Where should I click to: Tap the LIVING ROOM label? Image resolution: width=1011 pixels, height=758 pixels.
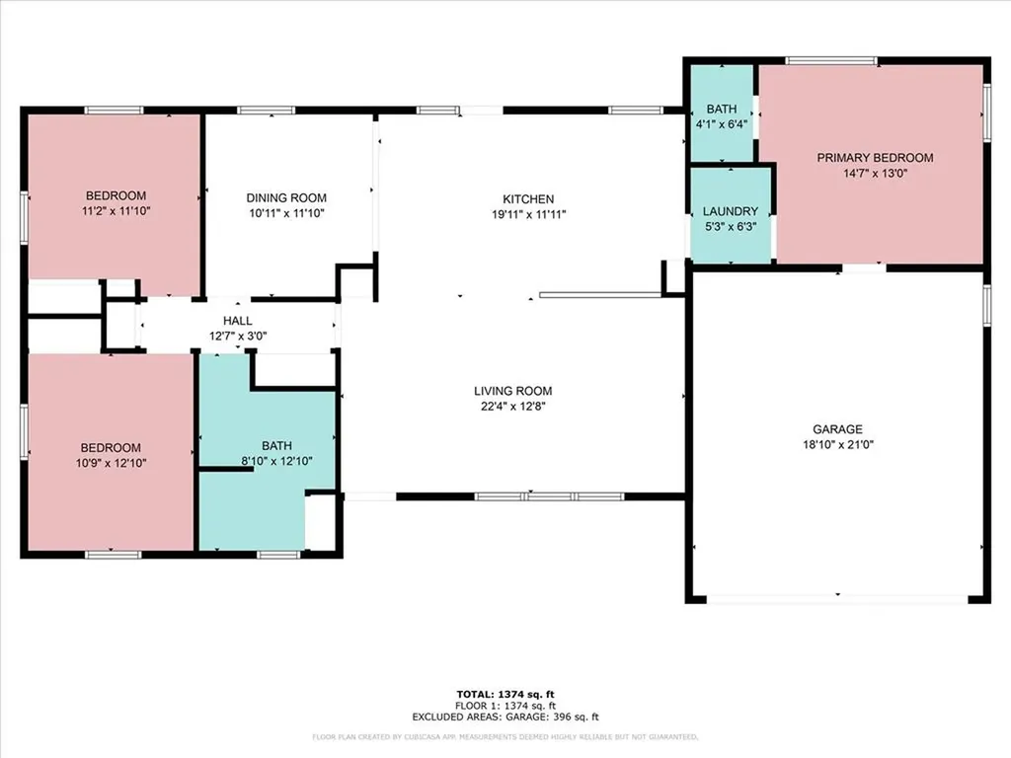tap(512, 391)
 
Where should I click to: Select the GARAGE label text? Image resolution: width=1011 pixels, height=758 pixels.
tap(837, 429)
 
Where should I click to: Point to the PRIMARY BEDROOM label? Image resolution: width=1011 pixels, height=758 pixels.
tap(874, 158)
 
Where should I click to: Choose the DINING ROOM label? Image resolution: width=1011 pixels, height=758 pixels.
tap(286, 198)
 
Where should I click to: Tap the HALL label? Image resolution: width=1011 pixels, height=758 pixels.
tap(237, 321)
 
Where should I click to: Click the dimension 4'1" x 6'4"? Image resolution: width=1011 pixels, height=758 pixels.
tap(720, 124)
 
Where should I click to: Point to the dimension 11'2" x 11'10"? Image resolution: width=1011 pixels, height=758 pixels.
tap(116, 210)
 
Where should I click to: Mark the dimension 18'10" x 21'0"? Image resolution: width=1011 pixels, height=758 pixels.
tap(837, 444)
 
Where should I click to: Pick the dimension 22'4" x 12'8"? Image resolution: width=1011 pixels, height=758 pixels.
tap(512, 406)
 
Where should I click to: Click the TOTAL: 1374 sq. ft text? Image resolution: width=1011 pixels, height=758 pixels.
tap(505, 695)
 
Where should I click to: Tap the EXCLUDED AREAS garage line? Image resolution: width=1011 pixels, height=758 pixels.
tap(505, 718)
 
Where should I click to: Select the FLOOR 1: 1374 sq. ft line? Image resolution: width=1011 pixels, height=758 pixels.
tap(505, 707)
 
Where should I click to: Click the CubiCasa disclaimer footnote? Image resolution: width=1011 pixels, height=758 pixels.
tap(505, 736)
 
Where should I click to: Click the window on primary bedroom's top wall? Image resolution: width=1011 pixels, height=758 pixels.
tap(830, 61)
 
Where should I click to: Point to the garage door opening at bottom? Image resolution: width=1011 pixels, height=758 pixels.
tap(837, 599)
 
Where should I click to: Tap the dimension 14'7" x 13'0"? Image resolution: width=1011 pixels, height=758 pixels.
tap(874, 173)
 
